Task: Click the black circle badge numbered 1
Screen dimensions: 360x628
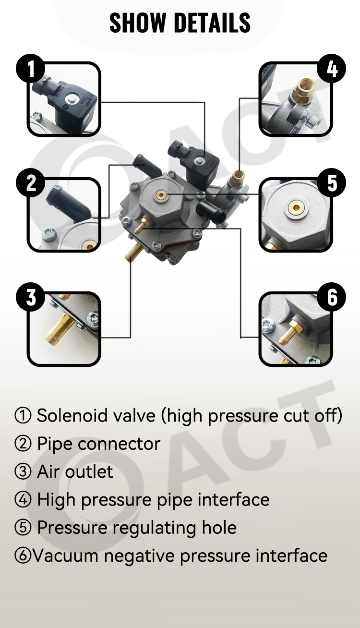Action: (31, 69)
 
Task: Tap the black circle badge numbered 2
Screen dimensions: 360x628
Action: (31, 183)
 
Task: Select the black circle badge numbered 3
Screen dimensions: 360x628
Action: (31, 297)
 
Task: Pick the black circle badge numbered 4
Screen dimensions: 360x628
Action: (331, 69)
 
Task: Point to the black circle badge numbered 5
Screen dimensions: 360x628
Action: (331, 183)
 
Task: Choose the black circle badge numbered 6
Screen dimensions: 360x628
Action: (331, 297)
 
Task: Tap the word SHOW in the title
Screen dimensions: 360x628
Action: (137, 23)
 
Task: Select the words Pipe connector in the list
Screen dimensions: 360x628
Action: (99, 444)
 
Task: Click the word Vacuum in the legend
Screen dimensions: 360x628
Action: (66, 556)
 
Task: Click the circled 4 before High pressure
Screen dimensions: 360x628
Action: (23, 499)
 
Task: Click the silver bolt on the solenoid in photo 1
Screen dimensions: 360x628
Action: (69, 99)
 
